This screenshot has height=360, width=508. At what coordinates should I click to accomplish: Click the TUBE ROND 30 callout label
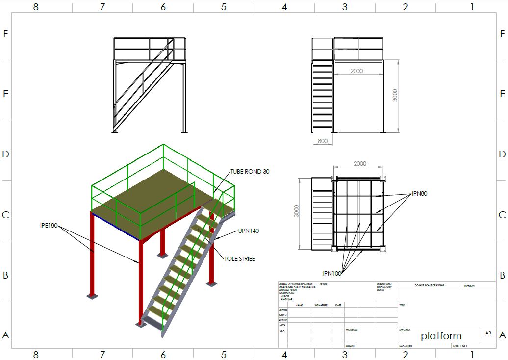pos(250,172)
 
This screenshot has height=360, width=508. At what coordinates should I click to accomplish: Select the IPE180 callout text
pos(49,226)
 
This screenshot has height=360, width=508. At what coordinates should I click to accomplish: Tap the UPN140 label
pos(249,231)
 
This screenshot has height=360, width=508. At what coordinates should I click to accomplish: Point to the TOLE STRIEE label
pos(240,258)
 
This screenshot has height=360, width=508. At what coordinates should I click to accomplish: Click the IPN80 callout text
pos(420,194)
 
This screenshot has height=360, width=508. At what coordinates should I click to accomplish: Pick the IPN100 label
pos(332,273)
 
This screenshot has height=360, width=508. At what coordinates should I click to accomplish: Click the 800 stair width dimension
pos(323,141)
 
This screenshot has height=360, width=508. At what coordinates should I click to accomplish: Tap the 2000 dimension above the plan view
pos(359,164)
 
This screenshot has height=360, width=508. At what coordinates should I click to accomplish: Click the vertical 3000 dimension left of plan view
pos(296,212)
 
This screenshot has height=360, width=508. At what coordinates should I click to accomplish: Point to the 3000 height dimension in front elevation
pos(395,95)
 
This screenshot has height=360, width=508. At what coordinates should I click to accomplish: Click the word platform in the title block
pos(441,336)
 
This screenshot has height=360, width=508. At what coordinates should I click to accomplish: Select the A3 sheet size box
pos(488,333)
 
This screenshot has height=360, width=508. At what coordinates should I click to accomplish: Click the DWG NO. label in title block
pos(405,330)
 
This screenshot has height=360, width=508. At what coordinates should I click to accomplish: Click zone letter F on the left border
pos(6,34)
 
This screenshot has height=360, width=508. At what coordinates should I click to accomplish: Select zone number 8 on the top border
pos(36,7)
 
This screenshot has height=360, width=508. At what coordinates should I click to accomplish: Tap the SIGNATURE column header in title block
pos(321,305)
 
